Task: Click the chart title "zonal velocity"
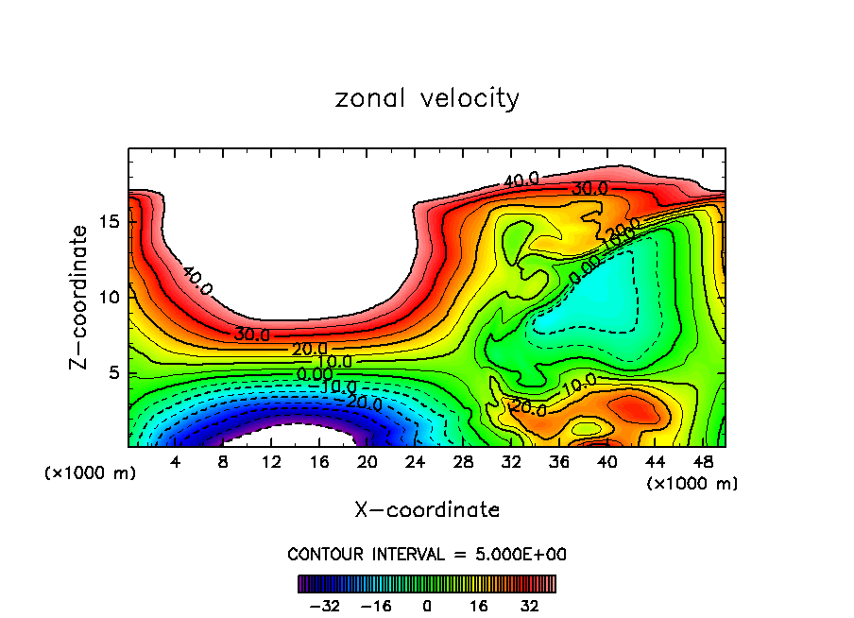[x=427, y=98]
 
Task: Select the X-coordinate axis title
[x=427, y=510]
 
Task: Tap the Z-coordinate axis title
[x=79, y=297]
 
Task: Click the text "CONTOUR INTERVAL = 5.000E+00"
[x=427, y=554]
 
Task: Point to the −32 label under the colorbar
[x=325, y=606]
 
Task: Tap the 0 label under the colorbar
[x=427, y=606]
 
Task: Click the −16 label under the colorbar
[x=376, y=606]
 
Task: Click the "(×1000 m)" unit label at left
[x=91, y=473]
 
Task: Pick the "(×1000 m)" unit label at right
[x=692, y=483]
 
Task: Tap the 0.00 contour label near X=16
[x=315, y=375]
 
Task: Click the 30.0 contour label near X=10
[x=252, y=335]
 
